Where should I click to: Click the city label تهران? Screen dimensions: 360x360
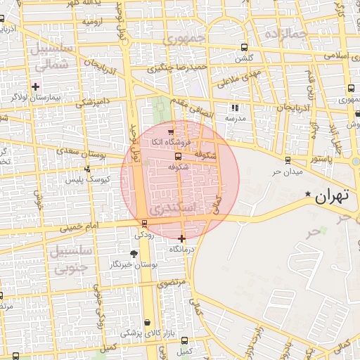(333, 197)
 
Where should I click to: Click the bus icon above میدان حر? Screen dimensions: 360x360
(288, 160)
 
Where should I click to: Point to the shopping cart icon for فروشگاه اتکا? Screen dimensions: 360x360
(170, 131)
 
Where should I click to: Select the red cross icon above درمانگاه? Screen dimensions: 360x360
(182, 238)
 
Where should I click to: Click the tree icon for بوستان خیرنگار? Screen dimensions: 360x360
(134, 254)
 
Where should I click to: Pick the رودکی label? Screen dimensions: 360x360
(145, 234)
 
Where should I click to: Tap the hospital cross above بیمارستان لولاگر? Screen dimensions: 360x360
(36, 86)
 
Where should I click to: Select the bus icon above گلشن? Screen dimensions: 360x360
(244, 48)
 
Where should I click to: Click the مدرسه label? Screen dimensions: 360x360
(234, 119)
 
